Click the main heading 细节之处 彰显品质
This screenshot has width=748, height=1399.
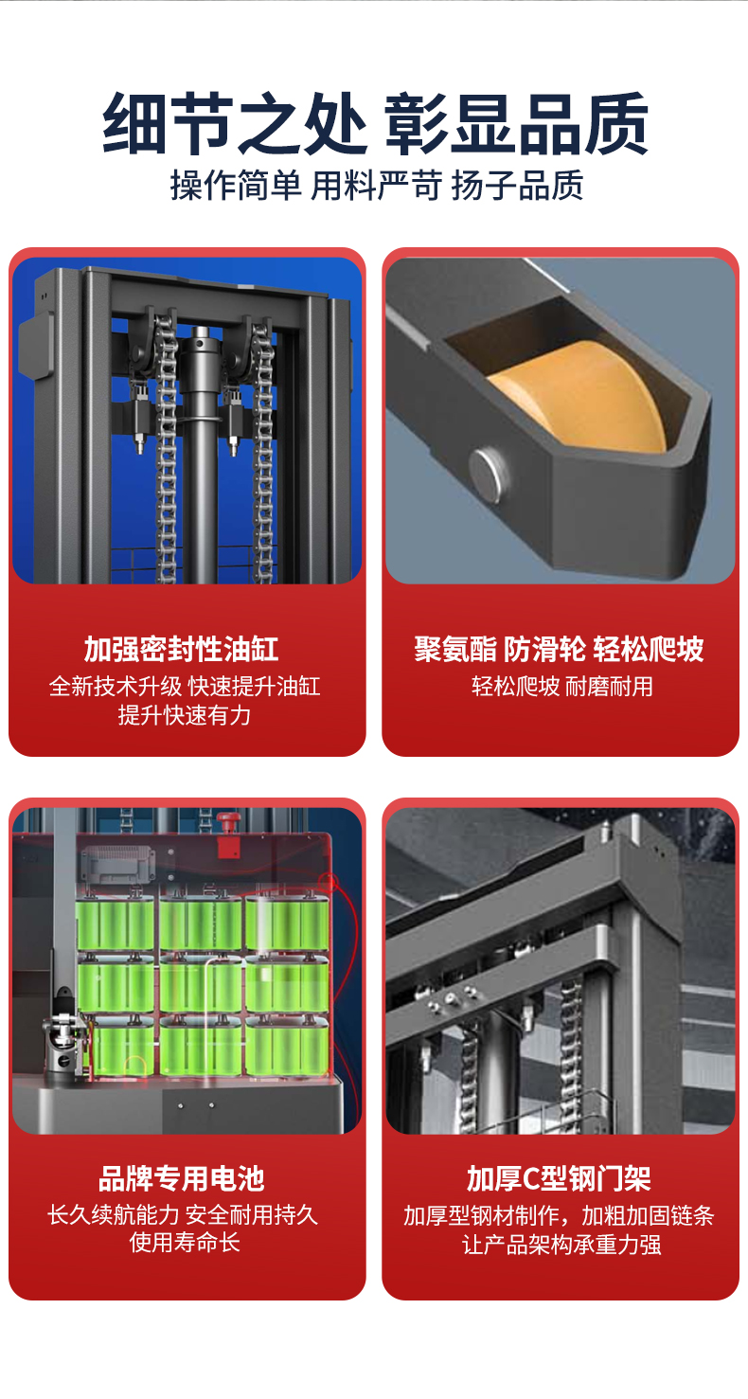pyautogui.click(x=375, y=124)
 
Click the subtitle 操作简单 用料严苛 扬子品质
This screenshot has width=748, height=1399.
pyautogui.click(x=376, y=185)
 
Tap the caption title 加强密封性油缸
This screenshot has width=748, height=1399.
pyautogui.click(x=182, y=650)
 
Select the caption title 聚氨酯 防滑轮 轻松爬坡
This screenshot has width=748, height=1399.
pyautogui.click(x=559, y=650)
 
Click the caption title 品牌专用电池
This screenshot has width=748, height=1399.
pyautogui.click(x=182, y=1179)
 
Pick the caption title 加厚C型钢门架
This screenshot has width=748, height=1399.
pyautogui.click(x=559, y=1179)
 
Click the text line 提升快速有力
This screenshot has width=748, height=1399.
pyautogui.click(x=185, y=715)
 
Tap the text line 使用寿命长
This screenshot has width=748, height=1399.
pyautogui.click(x=185, y=1242)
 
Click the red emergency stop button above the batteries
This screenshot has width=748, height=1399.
pyautogui.click(x=227, y=820)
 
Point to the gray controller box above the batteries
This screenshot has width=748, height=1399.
pyautogui.click(x=117, y=864)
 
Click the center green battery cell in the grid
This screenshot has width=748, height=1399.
pyautogui.click(x=201, y=988)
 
